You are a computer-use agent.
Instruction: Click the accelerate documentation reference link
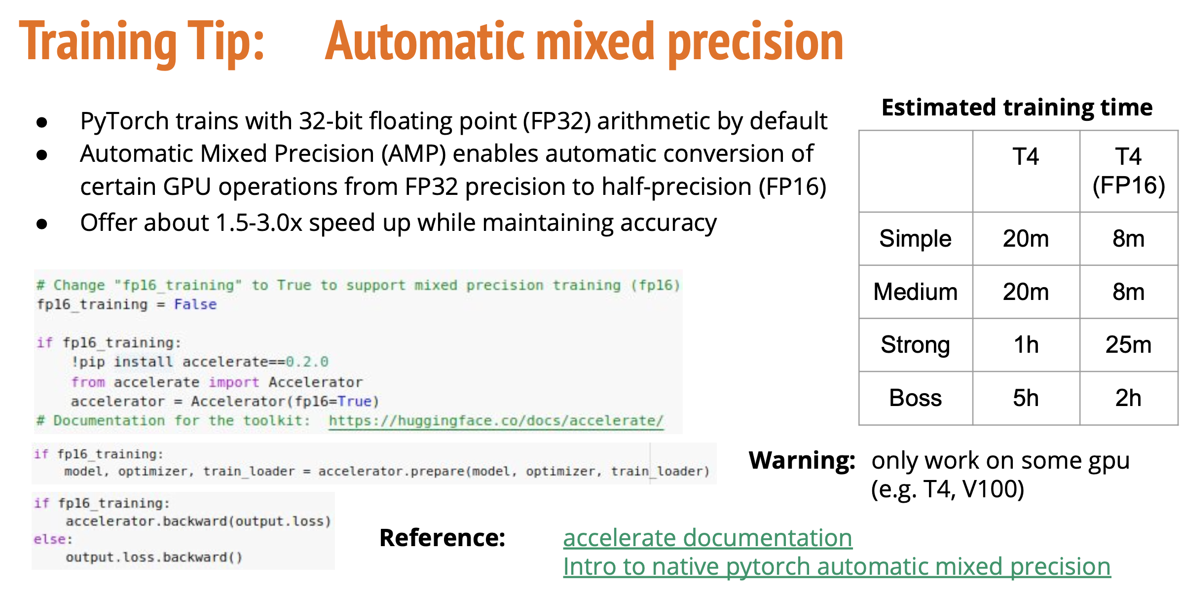tap(707, 537)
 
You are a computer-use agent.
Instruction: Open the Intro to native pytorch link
tap(837, 566)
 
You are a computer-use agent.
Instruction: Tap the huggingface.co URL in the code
tap(496, 421)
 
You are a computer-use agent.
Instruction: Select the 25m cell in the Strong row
tap(1128, 344)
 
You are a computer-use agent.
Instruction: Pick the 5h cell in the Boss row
tap(1026, 398)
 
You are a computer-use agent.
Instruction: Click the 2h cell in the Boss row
tap(1128, 398)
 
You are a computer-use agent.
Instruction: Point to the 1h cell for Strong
tap(1026, 344)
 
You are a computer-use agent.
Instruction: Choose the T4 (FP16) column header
tap(1128, 171)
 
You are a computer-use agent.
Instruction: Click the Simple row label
tap(915, 239)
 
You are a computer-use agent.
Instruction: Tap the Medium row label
tap(915, 292)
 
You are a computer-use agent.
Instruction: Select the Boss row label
tap(915, 398)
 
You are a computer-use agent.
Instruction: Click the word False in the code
tap(195, 304)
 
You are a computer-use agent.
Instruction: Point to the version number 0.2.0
tap(307, 362)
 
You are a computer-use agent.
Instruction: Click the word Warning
tap(802, 460)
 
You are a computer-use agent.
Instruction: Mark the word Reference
tap(442, 538)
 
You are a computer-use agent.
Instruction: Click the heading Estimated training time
tap(1017, 107)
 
